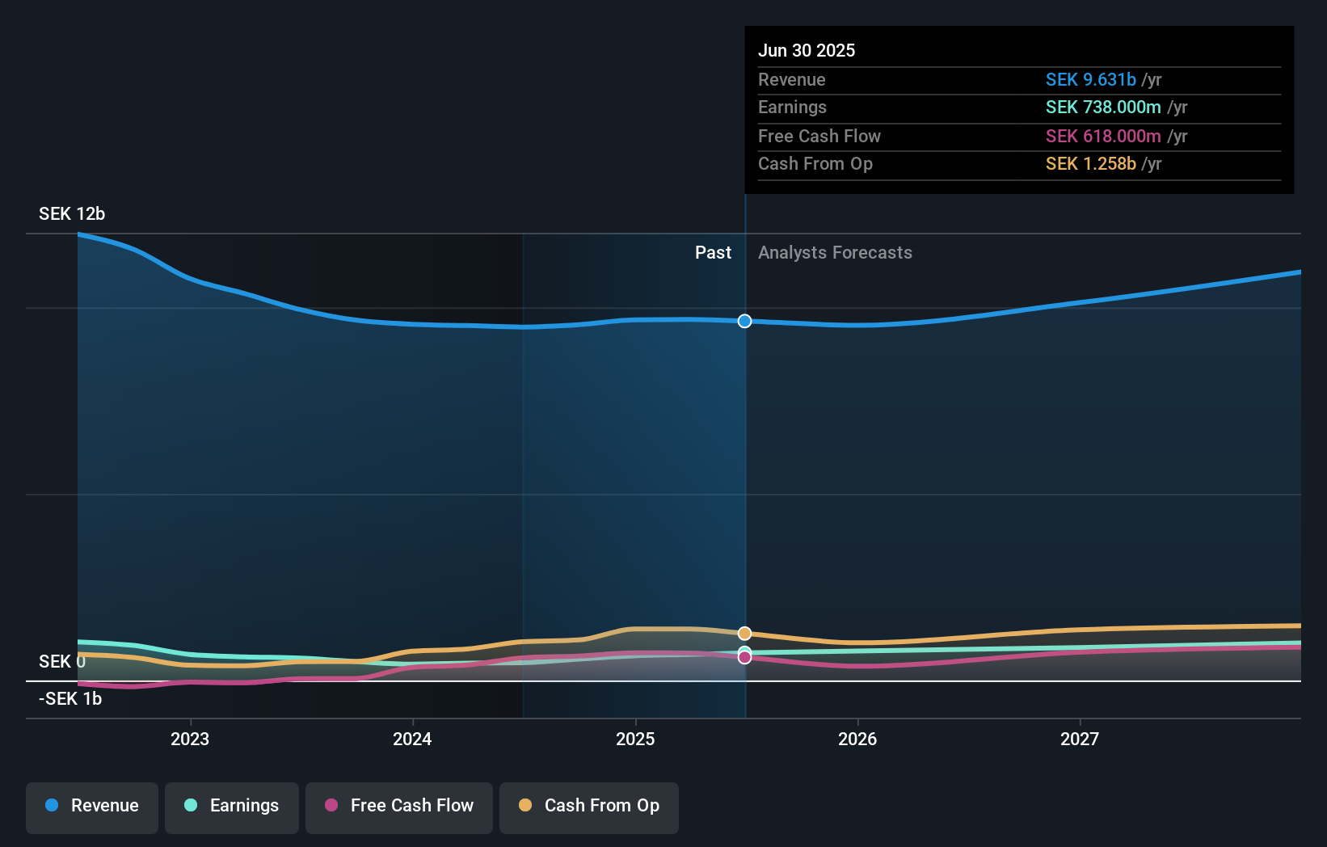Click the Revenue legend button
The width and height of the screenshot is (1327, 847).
(x=92, y=807)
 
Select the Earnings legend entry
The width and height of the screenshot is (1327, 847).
(x=232, y=807)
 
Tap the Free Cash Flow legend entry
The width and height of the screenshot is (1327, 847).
(x=399, y=807)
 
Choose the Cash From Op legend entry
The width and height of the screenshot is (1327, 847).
(x=589, y=807)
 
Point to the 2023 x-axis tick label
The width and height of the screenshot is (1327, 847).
(x=190, y=739)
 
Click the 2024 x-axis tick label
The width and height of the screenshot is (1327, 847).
(x=412, y=739)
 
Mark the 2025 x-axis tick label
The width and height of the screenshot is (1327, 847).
(x=635, y=739)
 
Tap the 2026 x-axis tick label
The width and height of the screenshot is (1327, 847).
(x=857, y=739)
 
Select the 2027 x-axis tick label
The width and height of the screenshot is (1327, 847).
(x=1080, y=739)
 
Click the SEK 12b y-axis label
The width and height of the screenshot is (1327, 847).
(x=72, y=214)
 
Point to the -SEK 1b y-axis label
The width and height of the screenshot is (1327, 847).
(x=70, y=699)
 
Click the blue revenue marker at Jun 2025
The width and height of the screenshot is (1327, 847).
(x=744, y=321)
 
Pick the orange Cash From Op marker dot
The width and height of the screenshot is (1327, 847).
(x=744, y=633)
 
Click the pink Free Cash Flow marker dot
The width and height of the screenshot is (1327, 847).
(x=744, y=657)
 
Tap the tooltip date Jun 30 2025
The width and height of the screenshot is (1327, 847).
(x=806, y=50)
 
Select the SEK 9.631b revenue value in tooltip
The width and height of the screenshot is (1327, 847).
(x=1090, y=79)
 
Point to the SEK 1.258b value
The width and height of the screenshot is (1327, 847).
(x=1090, y=164)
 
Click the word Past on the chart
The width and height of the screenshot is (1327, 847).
(x=713, y=253)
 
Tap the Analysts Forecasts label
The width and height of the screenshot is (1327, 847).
(x=835, y=253)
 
